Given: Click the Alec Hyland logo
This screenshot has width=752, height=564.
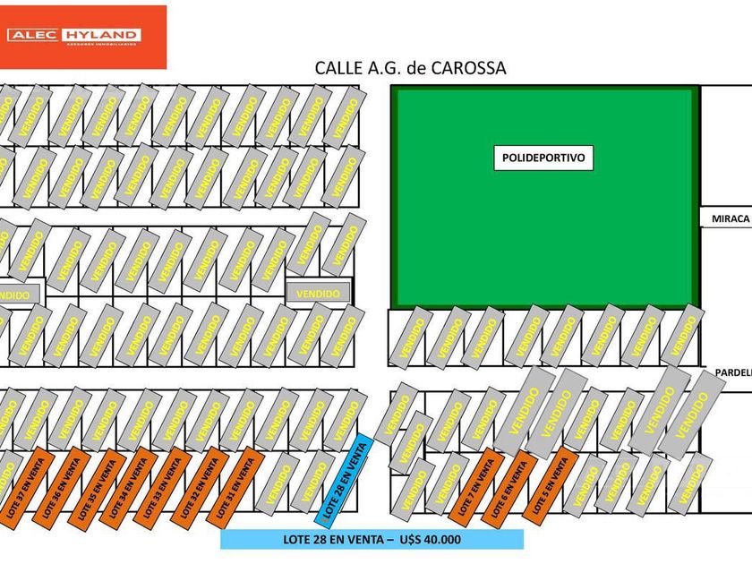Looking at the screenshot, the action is pos(82,37).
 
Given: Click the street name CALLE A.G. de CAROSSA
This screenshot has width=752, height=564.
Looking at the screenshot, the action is pos(410,68).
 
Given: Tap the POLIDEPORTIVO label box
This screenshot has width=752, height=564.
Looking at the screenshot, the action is pos(543,158).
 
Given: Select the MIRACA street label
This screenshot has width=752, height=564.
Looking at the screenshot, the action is pos(727,218).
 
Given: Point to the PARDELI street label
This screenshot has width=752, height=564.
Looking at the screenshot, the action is pos(731,372).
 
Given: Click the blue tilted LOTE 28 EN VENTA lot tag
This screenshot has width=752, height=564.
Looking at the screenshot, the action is pos(343,481).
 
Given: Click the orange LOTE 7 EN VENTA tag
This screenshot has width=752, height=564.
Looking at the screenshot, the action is pos(473,488).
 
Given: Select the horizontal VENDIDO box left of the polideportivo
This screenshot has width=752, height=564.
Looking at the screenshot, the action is pos(318,293).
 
